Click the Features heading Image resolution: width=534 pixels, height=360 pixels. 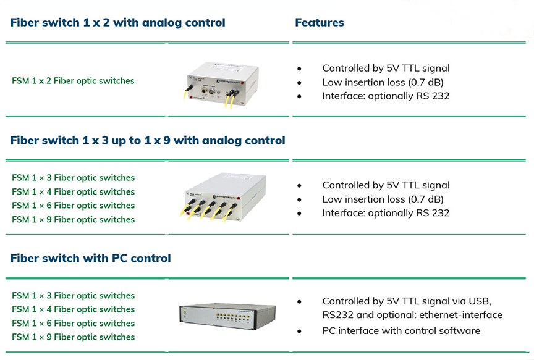tap(320, 22)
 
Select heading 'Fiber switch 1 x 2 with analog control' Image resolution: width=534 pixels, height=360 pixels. tap(118, 22)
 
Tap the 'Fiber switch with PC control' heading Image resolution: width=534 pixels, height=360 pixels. tap(91, 258)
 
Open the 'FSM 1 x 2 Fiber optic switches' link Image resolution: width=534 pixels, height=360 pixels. tap(73, 81)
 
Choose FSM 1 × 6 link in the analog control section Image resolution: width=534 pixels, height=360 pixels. tap(73, 206)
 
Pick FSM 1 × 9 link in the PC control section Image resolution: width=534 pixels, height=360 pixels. tap(73, 337)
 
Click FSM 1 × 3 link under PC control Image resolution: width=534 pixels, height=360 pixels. tap(73, 296)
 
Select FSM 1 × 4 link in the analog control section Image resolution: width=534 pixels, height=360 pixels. tap(73, 192)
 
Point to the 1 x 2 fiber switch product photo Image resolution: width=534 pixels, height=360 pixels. tap(221, 85)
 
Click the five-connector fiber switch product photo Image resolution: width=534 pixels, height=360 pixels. tap(223, 198)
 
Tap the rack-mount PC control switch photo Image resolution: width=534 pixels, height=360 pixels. tap(227, 316)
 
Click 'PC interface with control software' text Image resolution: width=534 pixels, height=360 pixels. tap(401, 331)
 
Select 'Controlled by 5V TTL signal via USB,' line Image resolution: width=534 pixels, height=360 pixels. tap(407, 301)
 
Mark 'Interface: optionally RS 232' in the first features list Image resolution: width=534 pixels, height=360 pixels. tap(386, 96)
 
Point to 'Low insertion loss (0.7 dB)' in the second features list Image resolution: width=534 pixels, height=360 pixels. tap(383, 199)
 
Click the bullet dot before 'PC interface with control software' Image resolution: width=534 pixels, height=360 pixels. tap(299, 331)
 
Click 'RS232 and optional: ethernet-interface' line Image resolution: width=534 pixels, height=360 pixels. tap(412, 315)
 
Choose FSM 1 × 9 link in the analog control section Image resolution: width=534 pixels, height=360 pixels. tap(73, 220)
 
